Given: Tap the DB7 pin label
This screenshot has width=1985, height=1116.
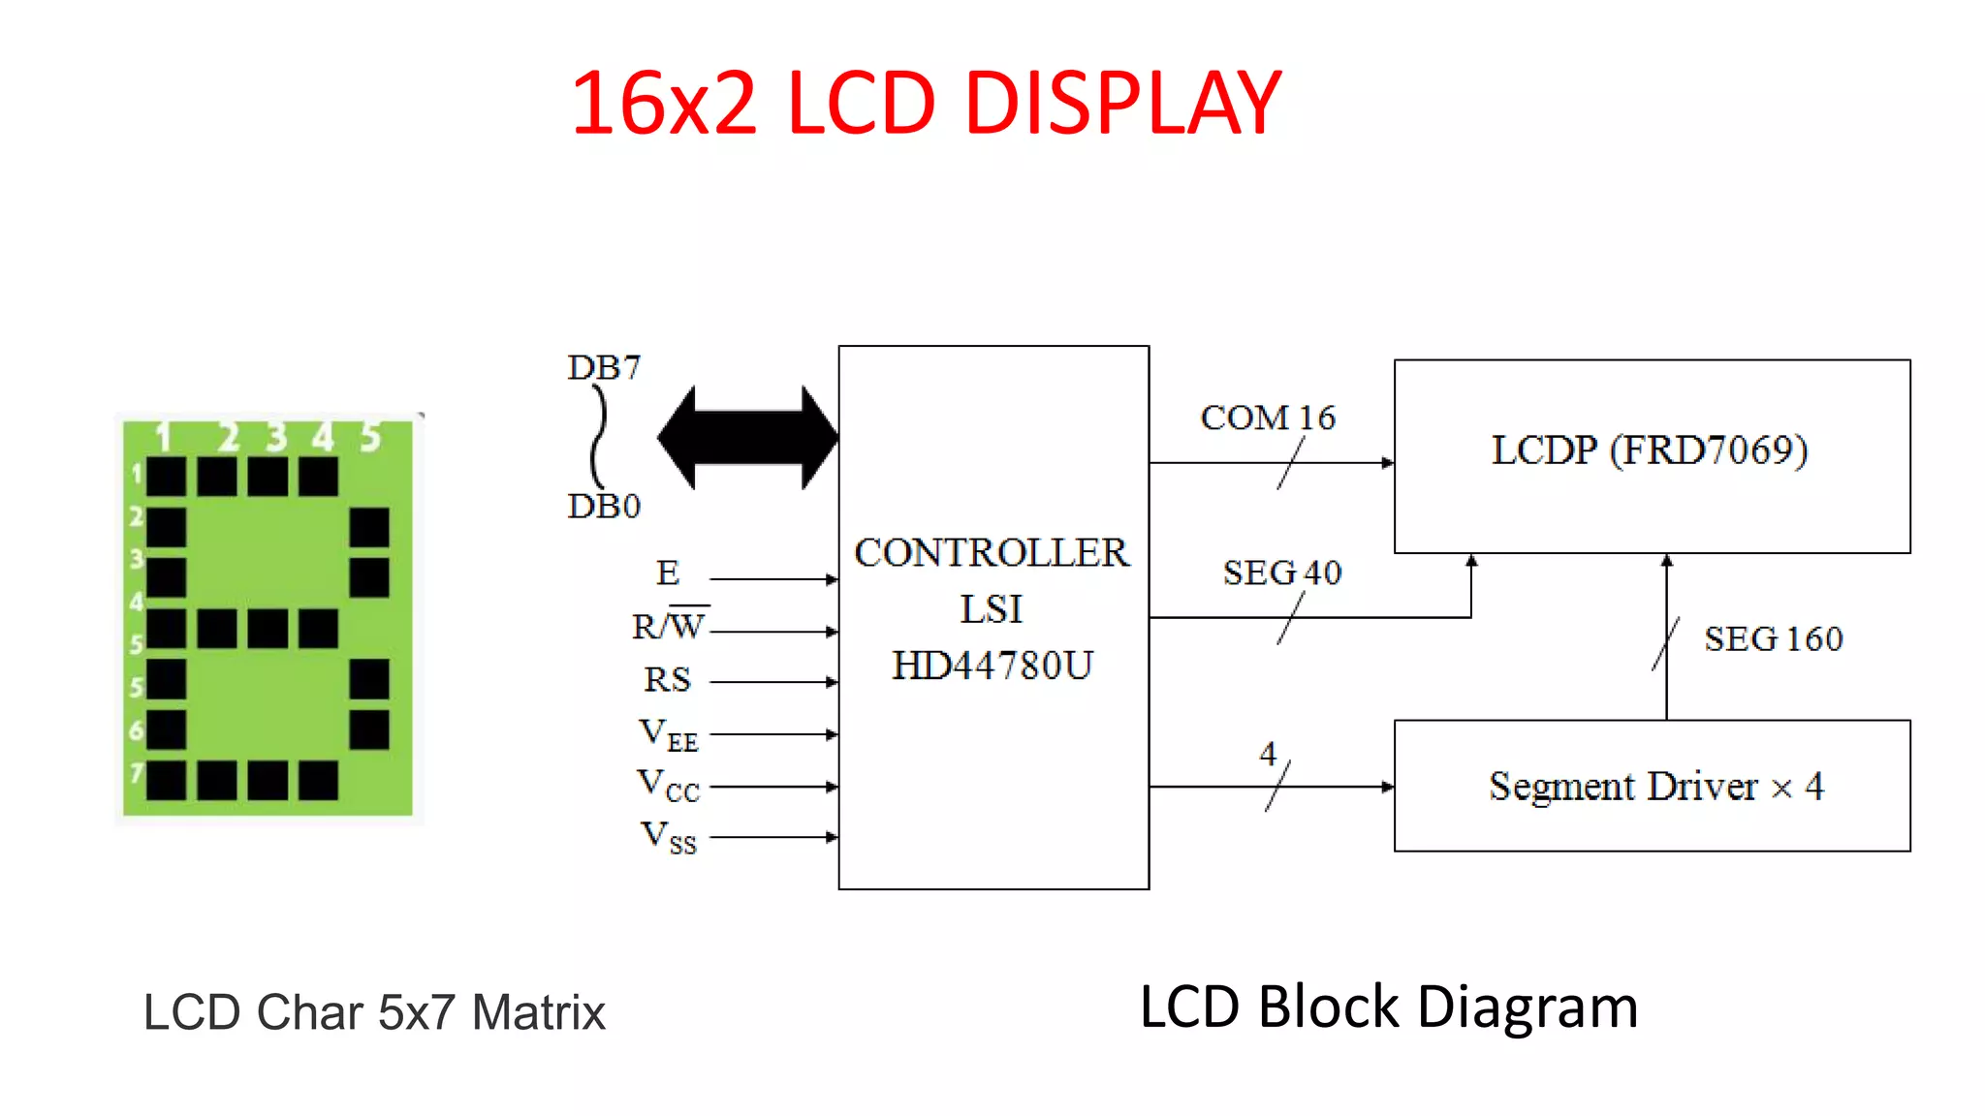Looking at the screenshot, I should (x=604, y=368).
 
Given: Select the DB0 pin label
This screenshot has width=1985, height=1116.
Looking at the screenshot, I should (x=604, y=506).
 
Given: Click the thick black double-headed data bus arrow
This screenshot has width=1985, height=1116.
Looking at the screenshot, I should (x=747, y=438).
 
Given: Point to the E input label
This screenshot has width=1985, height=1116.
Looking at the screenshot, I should (x=668, y=573).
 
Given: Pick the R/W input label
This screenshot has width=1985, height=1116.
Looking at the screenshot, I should (x=669, y=626).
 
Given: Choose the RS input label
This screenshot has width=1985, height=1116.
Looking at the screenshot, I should (x=668, y=679).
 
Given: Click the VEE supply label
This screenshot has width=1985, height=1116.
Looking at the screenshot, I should (x=669, y=734).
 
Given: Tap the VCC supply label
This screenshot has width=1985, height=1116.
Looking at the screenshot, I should (x=669, y=786).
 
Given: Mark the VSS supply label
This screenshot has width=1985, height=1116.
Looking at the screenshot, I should (x=669, y=837).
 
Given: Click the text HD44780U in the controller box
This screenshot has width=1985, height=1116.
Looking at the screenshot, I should (x=992, y=666).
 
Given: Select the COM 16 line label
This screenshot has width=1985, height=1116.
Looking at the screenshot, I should (x=1268, y=418).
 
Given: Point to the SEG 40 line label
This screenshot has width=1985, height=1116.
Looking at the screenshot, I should (x=1282, y=573).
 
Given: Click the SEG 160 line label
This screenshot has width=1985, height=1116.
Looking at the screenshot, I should (x=1774, y=639).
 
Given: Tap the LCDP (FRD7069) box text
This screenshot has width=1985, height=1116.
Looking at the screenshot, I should (x=1650, y=450).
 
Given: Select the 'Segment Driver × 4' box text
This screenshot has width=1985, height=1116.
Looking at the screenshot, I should (x=1656, y=786).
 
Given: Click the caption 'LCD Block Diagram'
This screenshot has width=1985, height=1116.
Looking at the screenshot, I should (x=1389, y=1007).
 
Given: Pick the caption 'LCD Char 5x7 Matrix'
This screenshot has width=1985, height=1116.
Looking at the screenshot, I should (x=374, y=1012).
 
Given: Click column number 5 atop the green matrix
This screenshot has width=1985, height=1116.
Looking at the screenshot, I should (x=370, y=438).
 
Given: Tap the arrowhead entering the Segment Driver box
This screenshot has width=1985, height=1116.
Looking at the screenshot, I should (x=1388, y=787).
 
